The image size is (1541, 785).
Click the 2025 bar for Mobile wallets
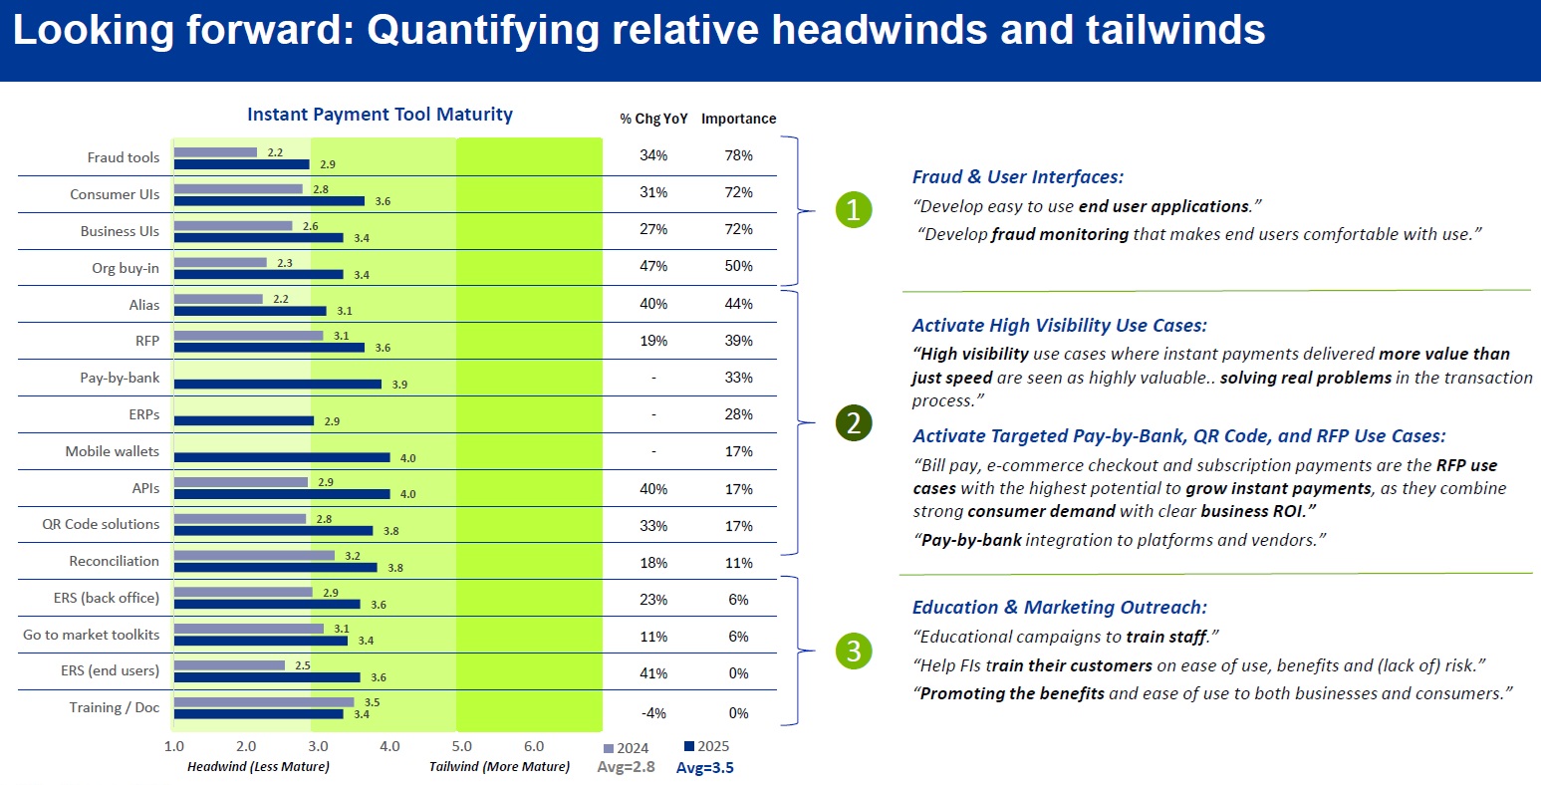[282, 457]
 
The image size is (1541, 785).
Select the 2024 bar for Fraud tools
[215, 152]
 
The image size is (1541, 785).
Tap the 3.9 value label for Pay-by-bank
[399, 385]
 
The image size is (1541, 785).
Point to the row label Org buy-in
[126, 268]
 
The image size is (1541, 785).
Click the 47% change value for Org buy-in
[653, 266]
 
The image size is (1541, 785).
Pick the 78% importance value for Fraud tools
[738, 155]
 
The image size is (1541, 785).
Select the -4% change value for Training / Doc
[653, 713]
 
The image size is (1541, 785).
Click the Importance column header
[738, 119]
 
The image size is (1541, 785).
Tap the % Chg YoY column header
[653, 119]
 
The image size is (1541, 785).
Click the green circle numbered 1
[854, 209]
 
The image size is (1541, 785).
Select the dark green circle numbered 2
[854, 423]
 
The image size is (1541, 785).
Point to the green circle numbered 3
[854, 652]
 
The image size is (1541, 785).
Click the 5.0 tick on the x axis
[462, 746]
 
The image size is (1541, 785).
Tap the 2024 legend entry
[627, 748]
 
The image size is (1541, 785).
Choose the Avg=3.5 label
[705, 768]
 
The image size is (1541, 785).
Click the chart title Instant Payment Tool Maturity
[380, 115]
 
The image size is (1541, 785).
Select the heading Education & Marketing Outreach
[1059, 608]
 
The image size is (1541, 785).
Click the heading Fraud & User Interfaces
[1017, 177]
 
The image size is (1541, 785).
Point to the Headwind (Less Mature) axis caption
[258, 767]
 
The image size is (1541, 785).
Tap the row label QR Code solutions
[101, 524]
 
